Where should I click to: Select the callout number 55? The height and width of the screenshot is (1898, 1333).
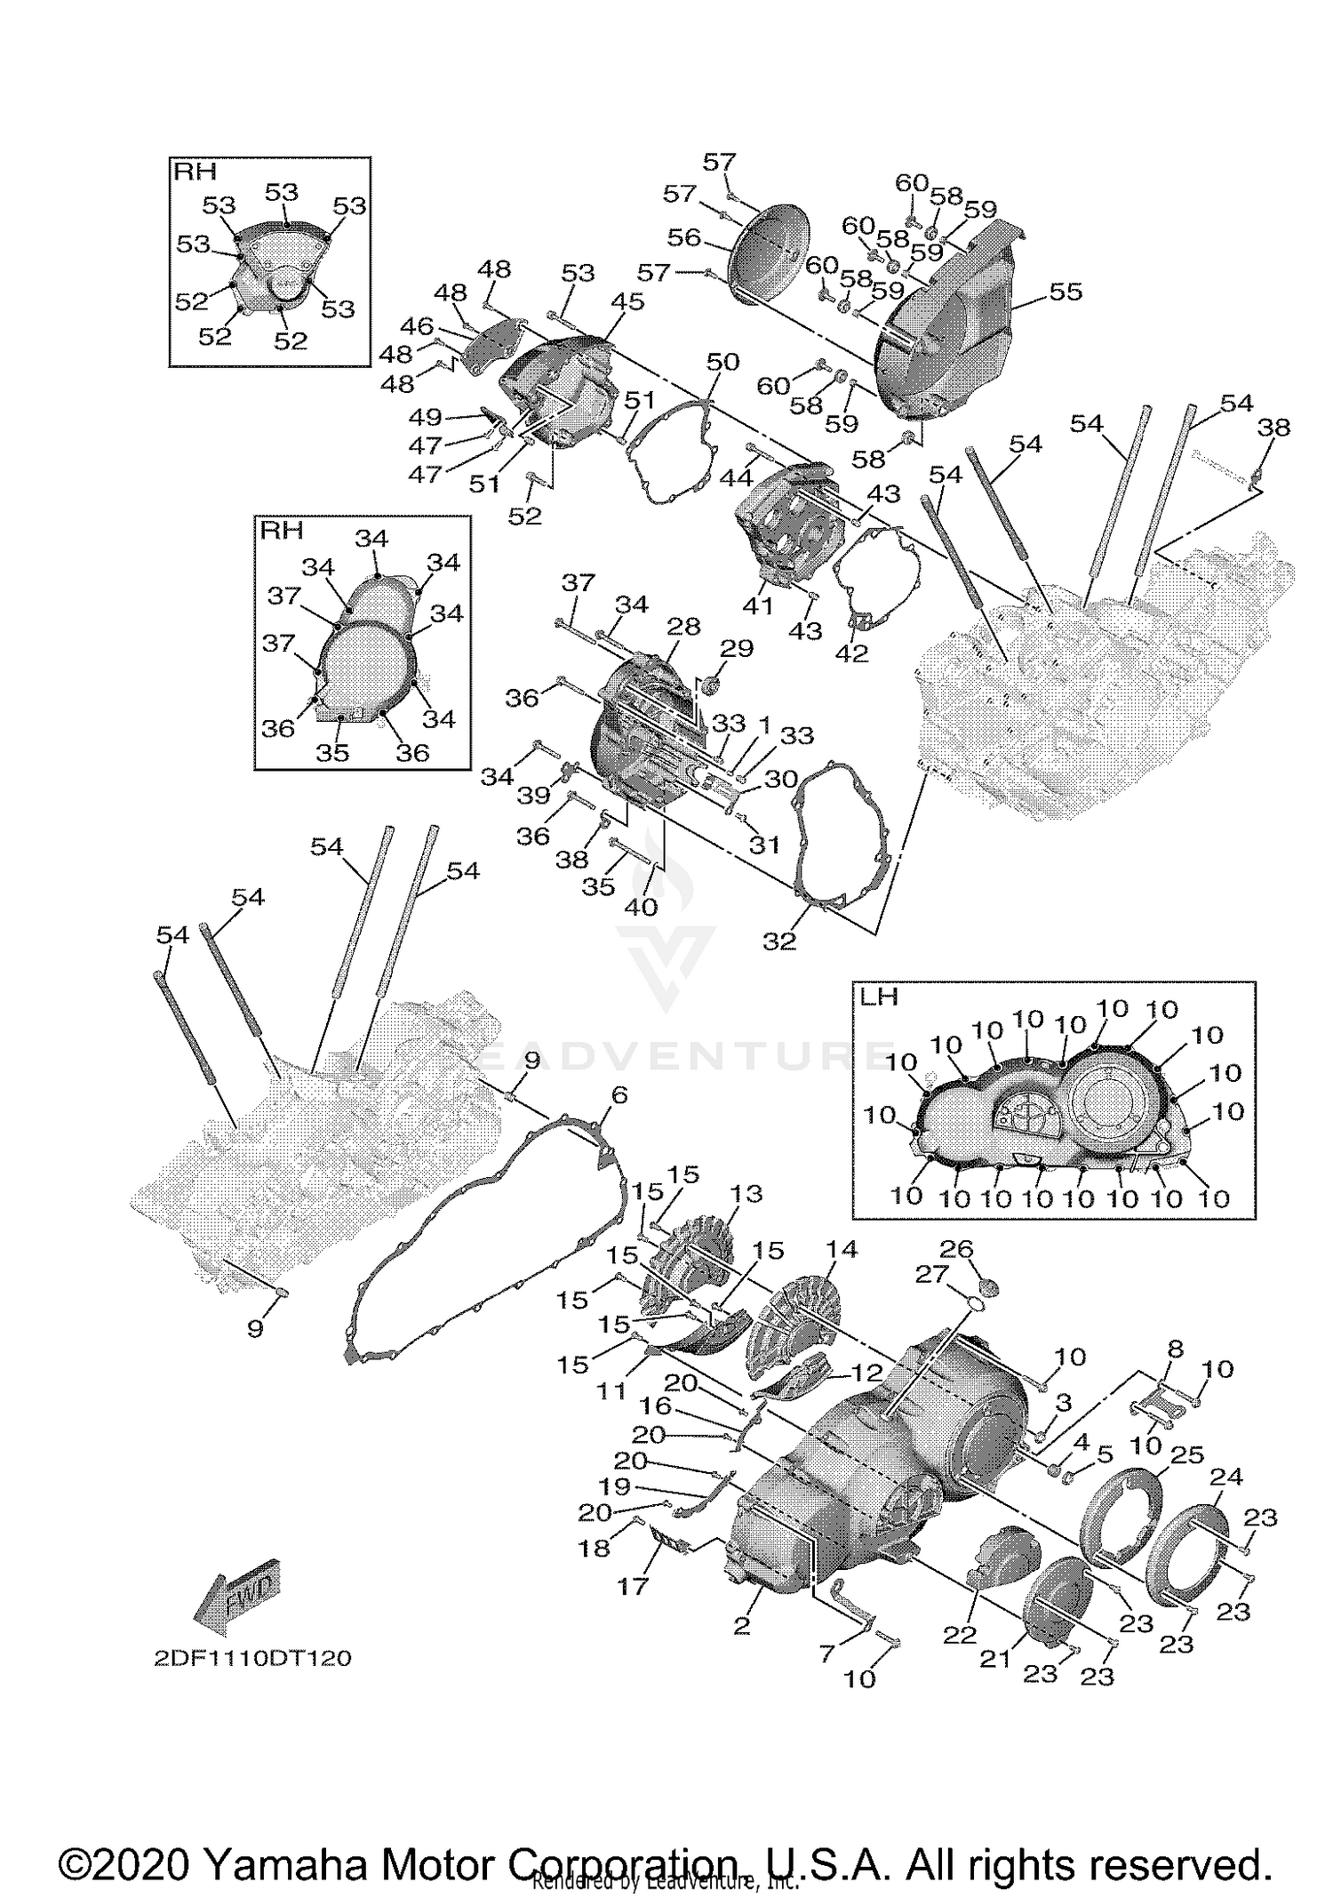click(1066, 292)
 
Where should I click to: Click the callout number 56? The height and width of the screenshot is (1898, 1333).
click(684, 237)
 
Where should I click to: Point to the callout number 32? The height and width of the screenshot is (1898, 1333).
click(779, 941)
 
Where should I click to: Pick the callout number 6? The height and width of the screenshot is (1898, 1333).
click(619, 1095)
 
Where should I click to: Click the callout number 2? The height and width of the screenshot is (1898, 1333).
click(742, 1626)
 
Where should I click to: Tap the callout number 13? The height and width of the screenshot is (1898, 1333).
click(746, 1193)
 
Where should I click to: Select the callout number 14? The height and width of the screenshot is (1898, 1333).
click(841, 1249)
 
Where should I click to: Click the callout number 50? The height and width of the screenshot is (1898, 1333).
click(722, 362)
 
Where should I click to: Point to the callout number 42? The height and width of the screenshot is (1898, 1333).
click(852, 653)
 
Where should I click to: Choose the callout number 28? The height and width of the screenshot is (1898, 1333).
click(683, 626)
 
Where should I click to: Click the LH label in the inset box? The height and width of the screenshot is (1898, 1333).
click(879, 997)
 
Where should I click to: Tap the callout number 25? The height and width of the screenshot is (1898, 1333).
click(1187, 1455)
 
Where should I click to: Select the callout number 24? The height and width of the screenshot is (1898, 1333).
click(1226, 1477)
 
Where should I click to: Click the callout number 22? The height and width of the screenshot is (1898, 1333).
click(960, 1635)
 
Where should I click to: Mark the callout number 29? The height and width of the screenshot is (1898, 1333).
click(737, 648)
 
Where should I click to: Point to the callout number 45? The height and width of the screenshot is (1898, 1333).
click(627, 301)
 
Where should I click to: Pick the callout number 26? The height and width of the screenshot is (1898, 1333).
click(957, 1249)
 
